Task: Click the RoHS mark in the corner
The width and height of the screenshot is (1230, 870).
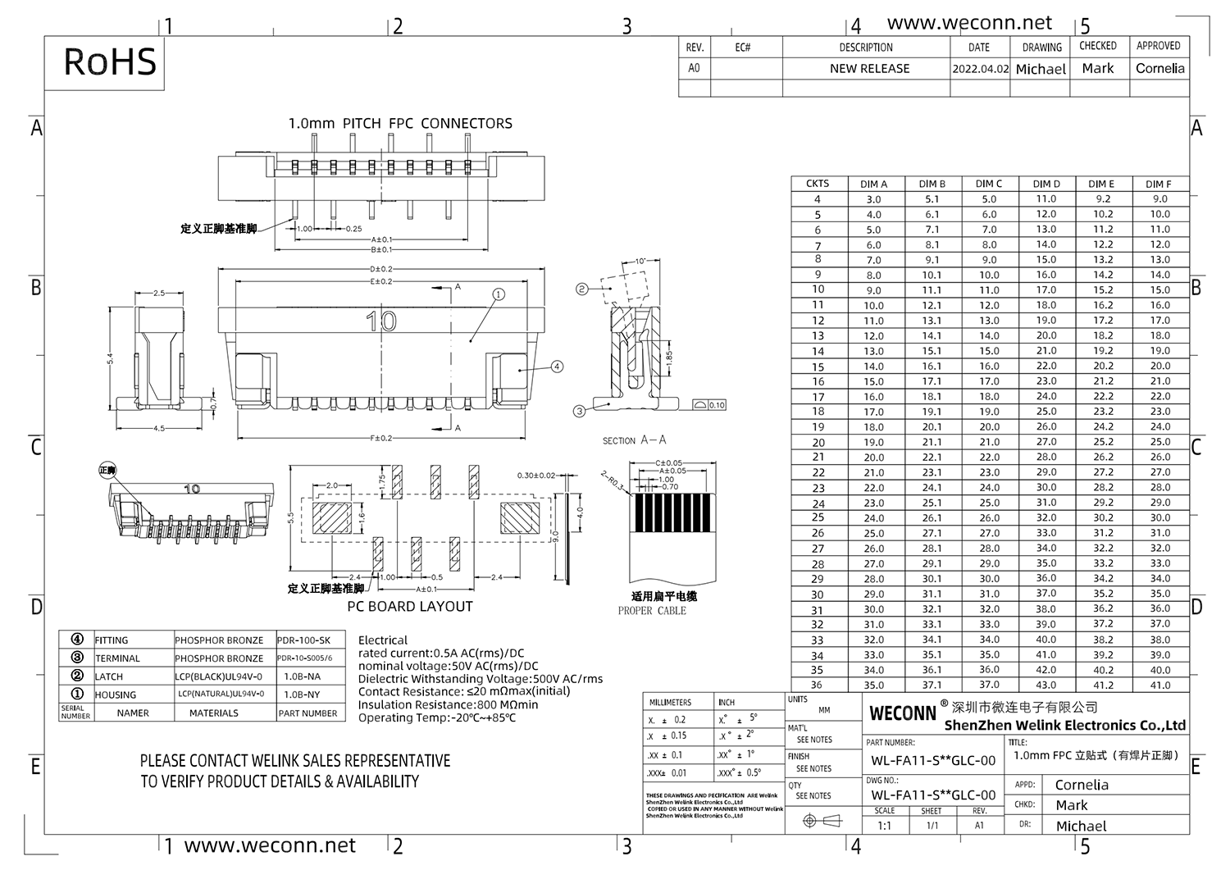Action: (110, 62)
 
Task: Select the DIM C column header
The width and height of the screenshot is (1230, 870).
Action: (989, 184)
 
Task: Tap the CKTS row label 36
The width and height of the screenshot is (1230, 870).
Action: (817, 685)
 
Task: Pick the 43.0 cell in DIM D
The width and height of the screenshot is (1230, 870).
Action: (1045, 685)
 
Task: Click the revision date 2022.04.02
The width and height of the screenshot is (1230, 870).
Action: (980, 69)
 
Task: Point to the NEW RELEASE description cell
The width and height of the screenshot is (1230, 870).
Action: (869, 69)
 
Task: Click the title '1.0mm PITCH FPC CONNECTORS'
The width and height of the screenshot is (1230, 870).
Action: (400, 124)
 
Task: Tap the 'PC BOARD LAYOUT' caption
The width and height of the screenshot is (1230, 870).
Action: (410, 607)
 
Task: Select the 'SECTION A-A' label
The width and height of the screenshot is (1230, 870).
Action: (635, 440)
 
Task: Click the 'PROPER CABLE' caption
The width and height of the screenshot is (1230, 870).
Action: (652, 611)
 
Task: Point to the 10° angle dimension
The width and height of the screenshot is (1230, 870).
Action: (640, 262)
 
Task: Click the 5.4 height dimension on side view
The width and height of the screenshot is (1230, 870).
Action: (110, 358)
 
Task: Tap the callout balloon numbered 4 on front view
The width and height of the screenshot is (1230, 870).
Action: (557, 367)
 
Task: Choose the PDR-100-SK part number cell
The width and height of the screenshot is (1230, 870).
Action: (304, 640)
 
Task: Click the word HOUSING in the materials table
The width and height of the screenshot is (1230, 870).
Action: (116, 695)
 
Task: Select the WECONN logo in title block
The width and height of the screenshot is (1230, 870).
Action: (903, 713)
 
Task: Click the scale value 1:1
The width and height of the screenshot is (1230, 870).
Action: (884, 826)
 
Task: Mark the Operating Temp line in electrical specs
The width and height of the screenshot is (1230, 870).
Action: (437, 718)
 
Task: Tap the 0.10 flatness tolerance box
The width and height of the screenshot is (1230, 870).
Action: (710, 405)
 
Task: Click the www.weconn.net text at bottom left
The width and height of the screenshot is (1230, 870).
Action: (270, 846)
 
